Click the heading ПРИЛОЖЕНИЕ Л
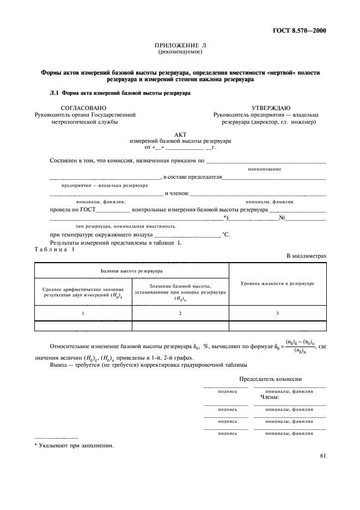click(180, 46)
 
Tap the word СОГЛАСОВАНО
click(84, 108)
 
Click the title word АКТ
click(180, 134)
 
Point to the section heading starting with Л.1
click(120, 93)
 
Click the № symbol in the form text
click(283, 218)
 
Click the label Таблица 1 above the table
click(54, 249)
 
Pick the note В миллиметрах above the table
click(306, 255)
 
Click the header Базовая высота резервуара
click(132, 270)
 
